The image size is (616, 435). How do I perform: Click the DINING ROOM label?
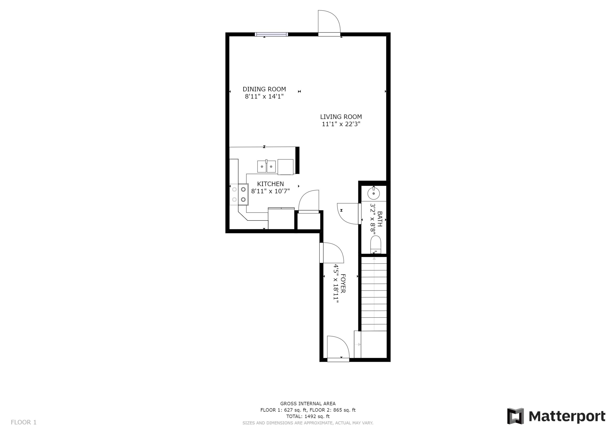[x=264, y=89]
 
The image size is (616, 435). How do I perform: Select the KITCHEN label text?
[x=270, y=184]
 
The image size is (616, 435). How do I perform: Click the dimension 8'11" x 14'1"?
[x=264, y=96]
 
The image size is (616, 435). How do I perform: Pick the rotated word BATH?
[x=380, y=219]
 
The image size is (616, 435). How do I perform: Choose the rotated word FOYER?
[x=343, y=283]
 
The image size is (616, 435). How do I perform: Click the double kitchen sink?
[x=266, y=167]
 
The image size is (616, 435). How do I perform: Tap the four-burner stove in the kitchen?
[x=239, y=194]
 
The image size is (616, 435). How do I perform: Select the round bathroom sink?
[x=374, y=193]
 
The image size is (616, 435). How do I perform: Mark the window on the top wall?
[x=271, y=34]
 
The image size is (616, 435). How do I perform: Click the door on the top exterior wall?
[x=329, y=24]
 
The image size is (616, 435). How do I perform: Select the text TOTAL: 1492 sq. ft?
[x=308, y=416]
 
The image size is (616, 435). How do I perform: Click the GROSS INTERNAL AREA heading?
[x=308, y=403]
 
